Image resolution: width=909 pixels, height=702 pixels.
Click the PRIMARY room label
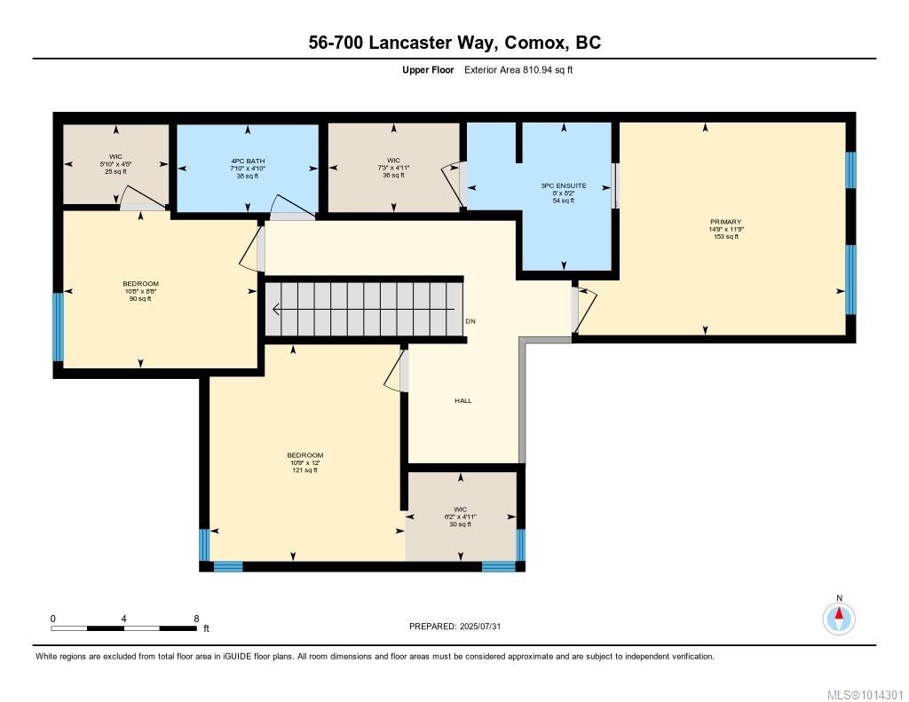725,222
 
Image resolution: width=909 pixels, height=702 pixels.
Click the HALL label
462,400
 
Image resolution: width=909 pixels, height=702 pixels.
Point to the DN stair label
470,320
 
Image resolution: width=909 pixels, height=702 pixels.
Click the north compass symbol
839,618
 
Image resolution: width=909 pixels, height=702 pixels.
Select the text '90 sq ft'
140,299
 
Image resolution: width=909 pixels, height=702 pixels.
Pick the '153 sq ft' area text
725,237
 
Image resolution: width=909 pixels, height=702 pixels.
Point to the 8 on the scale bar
195,618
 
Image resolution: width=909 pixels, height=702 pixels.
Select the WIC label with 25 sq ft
115,156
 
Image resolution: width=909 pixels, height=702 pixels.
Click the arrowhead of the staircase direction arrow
276,310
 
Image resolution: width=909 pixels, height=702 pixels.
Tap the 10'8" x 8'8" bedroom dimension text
140,291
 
